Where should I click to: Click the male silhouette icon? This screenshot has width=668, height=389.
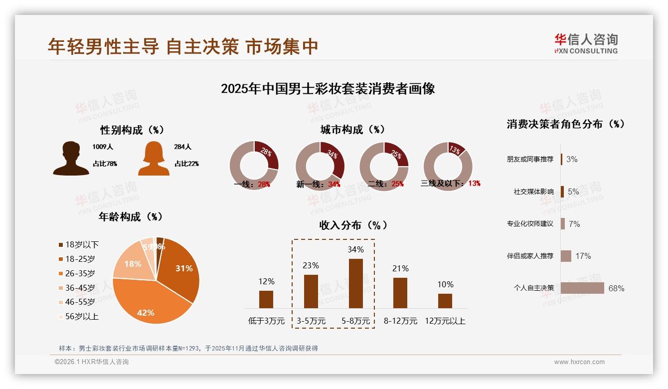71,158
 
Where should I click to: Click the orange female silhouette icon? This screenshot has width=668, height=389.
154,159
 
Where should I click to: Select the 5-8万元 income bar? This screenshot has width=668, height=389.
356,283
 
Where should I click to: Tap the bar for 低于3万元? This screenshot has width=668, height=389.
266,299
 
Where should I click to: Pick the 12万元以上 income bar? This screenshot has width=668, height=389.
445,301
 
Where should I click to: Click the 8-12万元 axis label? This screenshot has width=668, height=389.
400,321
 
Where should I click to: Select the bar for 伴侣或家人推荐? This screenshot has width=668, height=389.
566,256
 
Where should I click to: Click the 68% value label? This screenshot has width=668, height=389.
616,288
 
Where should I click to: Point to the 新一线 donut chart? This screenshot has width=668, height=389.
320,166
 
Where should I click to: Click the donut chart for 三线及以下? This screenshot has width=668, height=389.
448,166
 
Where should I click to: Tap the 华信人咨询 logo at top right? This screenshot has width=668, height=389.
586,43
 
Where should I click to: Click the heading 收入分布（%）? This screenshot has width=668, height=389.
353,225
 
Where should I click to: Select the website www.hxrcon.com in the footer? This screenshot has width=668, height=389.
579,362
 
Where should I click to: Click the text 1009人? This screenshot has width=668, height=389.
103,147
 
